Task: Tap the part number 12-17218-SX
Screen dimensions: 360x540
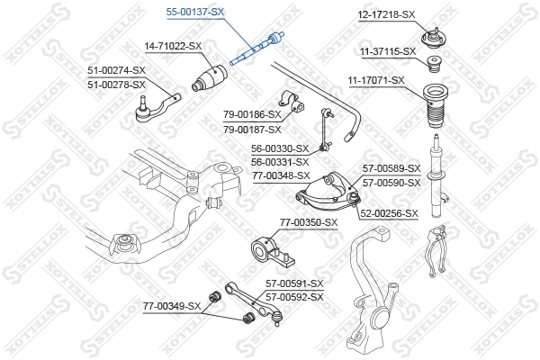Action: point(386,15)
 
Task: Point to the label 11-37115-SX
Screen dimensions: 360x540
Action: point(386,51)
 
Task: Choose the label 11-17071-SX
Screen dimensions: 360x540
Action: point(376,81)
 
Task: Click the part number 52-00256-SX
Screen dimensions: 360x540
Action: point(390,213)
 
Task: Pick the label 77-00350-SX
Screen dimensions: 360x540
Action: point(308,222)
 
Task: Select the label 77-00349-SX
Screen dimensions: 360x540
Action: point(172,308)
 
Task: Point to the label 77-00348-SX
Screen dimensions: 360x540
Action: point(280,175)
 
